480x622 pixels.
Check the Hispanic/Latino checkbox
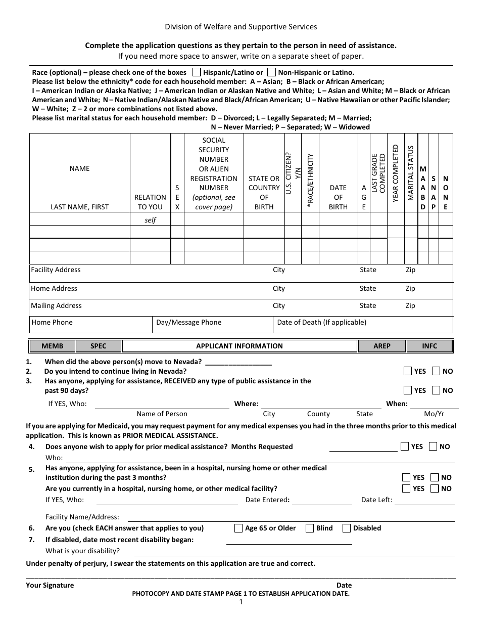coord(197,72)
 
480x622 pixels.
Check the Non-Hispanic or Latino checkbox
coord(272,72)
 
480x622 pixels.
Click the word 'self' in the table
coord(150,220)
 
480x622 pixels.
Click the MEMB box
coord(53,346)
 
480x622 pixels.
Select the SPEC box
coord(99,346)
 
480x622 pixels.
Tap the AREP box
coord(382,346)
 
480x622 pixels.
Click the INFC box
coord(429,346)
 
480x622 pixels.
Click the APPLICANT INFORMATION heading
coord(239,346)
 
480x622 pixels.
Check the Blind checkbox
coord(310,528)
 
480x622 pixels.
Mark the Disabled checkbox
coord(347,528)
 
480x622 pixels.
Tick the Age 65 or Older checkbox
coord(239,528)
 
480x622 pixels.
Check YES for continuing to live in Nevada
coord(408,371)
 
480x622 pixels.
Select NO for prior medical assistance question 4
coord(433,447)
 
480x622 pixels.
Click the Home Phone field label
coord(52,322)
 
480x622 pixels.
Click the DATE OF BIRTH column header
coord(338,197)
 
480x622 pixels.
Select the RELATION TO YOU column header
coord(150,202)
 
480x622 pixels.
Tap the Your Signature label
coord(50,585)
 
